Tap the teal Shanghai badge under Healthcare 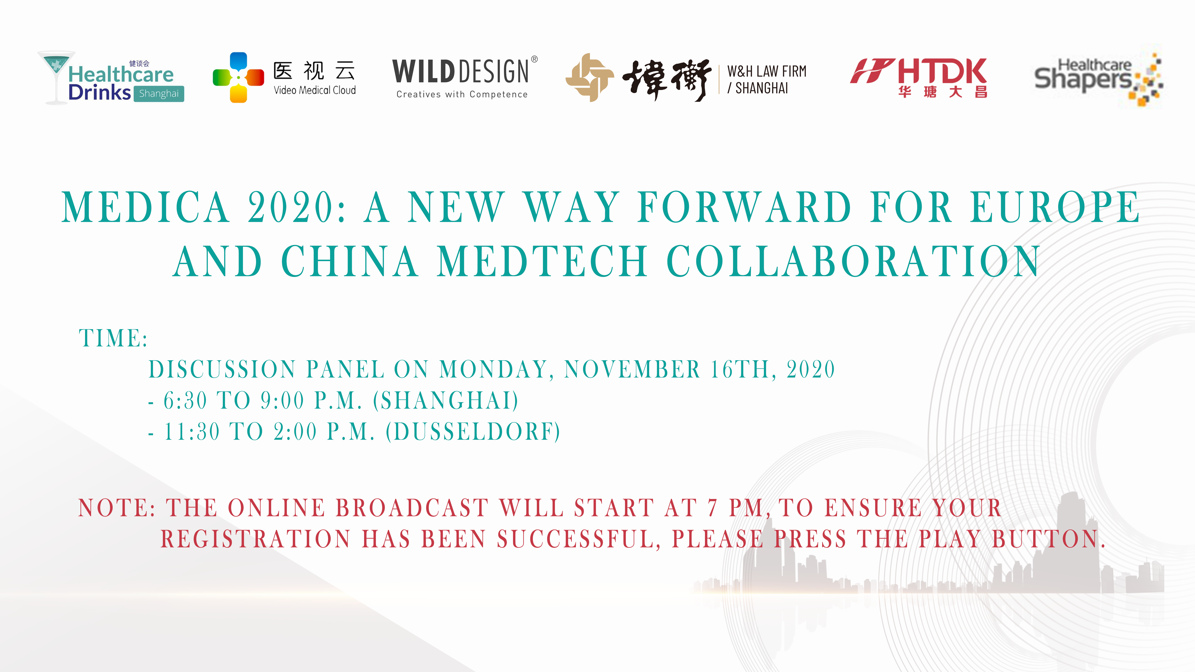pyautogui.click(x=159, y=94)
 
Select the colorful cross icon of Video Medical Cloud pyautogui.click(x=238, y=77)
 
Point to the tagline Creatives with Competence pyautogui.click(x=462, y=94)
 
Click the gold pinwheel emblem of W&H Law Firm pyautogui.click(x=590, y=77)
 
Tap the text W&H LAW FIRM pyautogui.click(x=767, y=71)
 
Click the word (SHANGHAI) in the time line pyautogui.click(x=446, y=400)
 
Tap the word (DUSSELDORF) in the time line pyautogui.click(x=473, y=432)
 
